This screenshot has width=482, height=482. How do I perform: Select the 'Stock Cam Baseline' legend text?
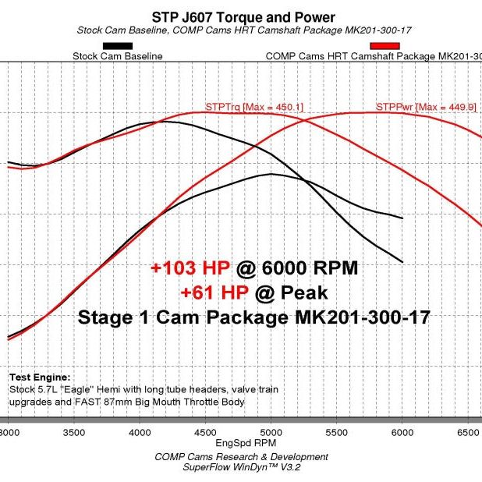coord(117,56)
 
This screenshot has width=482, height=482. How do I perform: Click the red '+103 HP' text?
coord(191,268)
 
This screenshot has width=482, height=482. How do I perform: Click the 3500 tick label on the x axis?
coord(73,431)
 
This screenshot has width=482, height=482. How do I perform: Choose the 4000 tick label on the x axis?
coord(139,431)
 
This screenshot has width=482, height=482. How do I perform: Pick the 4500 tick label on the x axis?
coord(204,431)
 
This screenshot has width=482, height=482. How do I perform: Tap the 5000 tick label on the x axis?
coord(270,431)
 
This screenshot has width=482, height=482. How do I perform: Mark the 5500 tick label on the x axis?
coord(336,431)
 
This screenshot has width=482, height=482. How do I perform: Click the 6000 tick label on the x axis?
coord(402,431)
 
